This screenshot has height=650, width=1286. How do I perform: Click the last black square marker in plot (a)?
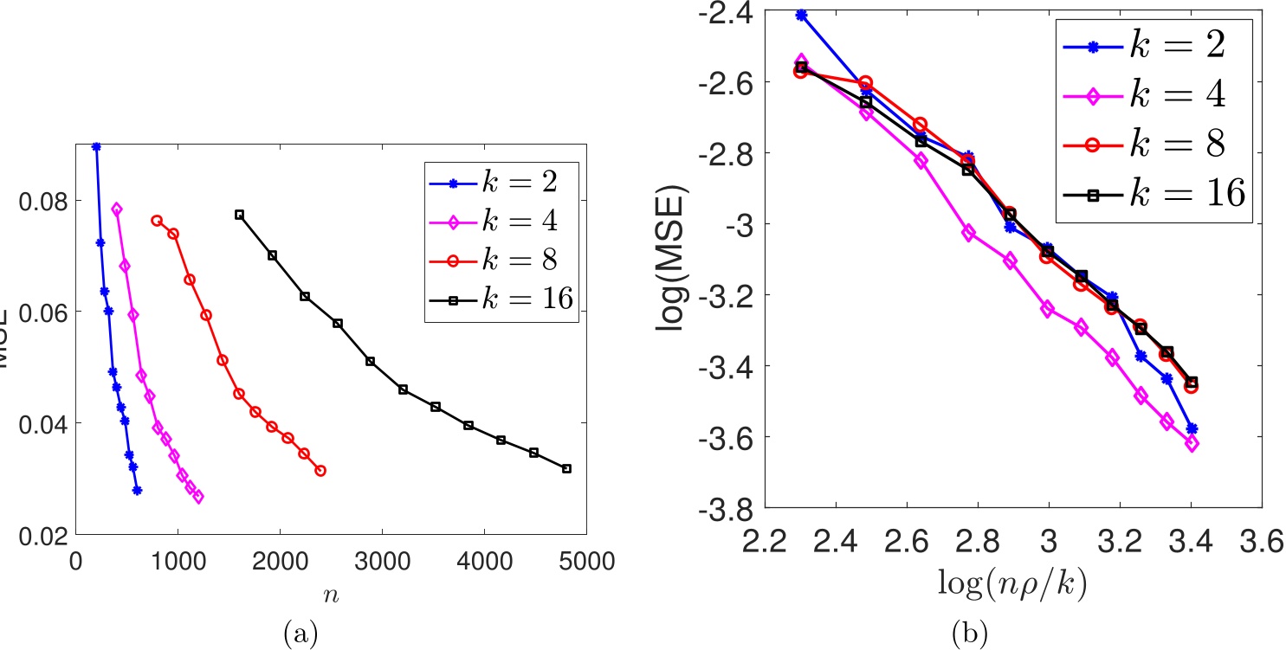coord(566,468)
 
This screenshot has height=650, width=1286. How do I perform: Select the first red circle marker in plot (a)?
coord(157,220)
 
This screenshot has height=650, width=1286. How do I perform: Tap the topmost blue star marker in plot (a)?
coord(96,146)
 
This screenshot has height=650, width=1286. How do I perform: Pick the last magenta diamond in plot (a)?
coord(198,497)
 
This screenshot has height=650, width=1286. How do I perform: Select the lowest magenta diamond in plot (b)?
coord(1192,443)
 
